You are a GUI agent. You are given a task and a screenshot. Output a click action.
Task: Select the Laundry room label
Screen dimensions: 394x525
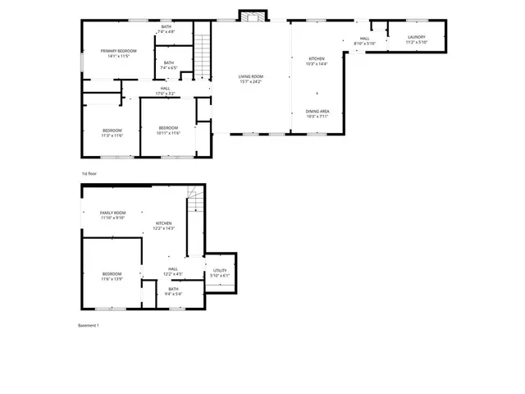[415, 39]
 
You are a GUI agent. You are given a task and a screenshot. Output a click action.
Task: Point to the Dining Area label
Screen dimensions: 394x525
[317, 113]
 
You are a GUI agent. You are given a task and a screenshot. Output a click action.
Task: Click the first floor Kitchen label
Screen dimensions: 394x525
[317, 61]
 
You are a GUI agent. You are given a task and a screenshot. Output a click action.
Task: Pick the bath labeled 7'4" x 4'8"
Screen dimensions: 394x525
[167, 30]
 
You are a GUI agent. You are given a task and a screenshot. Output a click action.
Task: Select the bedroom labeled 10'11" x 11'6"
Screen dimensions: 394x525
[168, 131]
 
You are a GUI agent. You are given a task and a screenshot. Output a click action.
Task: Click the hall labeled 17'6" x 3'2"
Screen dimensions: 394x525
[165, 91]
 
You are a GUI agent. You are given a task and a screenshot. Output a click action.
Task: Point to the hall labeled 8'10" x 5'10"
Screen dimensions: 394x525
[364, 40]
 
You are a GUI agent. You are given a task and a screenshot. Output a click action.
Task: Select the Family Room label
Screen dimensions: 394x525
[112, 215]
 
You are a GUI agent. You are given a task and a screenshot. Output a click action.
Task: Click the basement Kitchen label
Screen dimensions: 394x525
[164, 225]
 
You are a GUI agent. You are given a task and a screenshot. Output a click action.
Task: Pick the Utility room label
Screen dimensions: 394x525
[220, 272]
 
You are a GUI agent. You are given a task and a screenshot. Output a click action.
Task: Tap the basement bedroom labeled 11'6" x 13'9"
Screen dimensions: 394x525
[112, 277]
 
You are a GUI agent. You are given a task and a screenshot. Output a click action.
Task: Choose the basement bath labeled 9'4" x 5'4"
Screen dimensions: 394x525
[173, 291]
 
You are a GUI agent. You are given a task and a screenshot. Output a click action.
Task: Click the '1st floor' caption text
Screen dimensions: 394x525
[89, 174]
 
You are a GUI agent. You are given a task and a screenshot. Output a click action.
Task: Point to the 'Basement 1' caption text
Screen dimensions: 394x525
[88, 326]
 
